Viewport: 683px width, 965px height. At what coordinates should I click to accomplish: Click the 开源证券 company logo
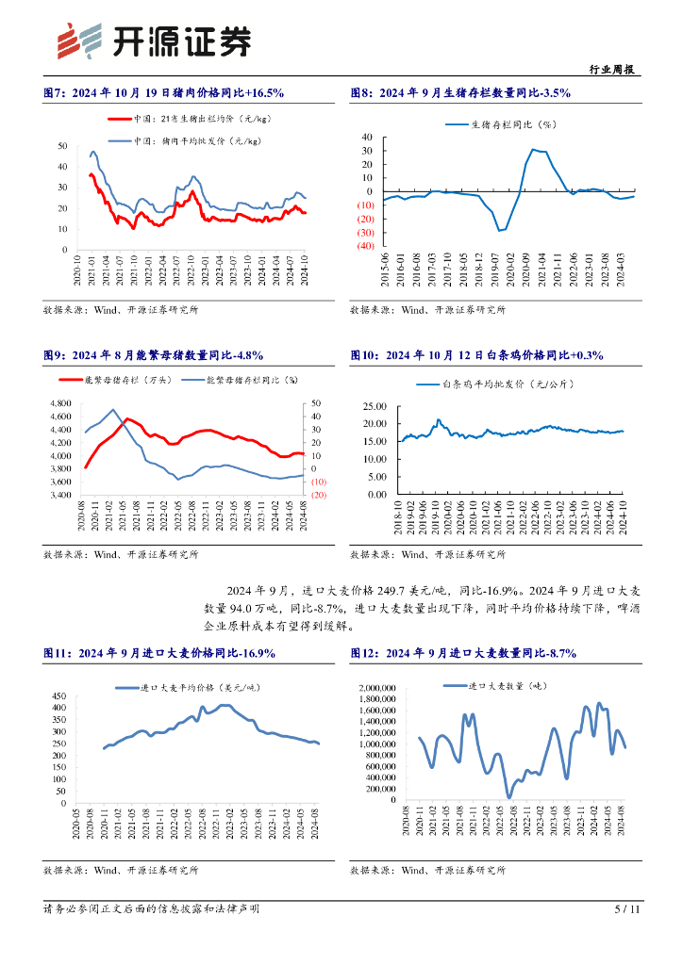pos(155,40)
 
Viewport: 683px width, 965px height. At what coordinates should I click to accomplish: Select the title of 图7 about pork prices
pos(164,92)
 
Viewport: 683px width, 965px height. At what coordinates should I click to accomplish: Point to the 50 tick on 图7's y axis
pos(61,146)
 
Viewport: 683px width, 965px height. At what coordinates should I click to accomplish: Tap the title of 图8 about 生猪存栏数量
pos(460,92)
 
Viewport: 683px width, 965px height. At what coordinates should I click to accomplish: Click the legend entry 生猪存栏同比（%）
pos(515,123)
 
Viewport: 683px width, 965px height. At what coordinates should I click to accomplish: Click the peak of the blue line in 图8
pos(534,149)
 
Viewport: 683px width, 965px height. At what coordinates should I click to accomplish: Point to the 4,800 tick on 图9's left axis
pos(58,403)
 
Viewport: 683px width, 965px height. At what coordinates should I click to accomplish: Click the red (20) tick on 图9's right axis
pos(319,495)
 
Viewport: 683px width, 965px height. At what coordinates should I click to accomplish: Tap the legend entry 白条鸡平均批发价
pos(508,384)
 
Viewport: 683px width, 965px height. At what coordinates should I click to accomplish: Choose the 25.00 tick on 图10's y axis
pos(375,407)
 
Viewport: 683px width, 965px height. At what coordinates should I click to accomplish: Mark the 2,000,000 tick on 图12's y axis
pos(378,688)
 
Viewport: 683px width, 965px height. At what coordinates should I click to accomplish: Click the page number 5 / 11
pos(627,909)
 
